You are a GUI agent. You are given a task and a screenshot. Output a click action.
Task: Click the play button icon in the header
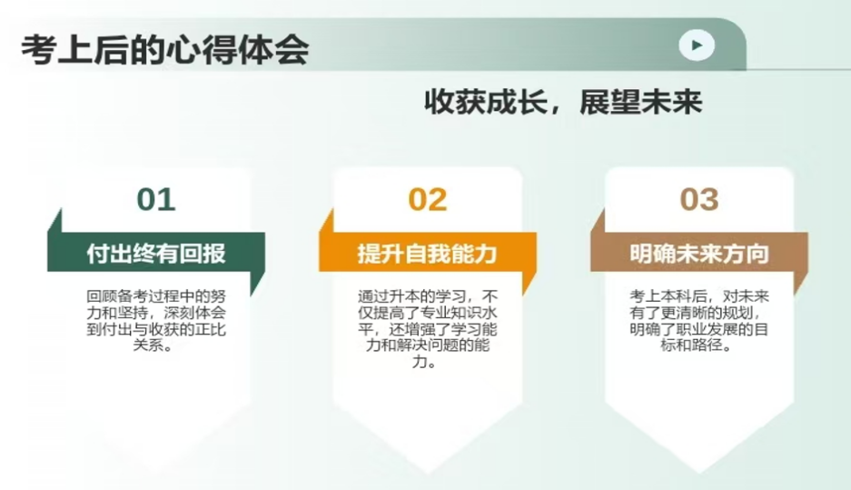click(697, 45)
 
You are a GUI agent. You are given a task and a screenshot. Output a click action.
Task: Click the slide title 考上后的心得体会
click(165, 49)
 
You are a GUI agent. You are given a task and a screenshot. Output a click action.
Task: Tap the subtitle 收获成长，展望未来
click(563, 102)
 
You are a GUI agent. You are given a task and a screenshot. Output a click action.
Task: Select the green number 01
click(156, 199)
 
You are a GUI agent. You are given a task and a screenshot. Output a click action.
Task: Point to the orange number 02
click(428, 199)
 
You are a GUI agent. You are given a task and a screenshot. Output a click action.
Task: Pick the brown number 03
click(699, 199)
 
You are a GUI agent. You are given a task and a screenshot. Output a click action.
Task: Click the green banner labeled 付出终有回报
click(156, 253)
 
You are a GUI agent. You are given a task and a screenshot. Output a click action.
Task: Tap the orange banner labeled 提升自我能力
click(428, 253)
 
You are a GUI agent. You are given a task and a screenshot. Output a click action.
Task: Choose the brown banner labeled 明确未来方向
click(699, 253)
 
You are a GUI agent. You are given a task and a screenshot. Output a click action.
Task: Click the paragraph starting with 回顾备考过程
click(156, 321)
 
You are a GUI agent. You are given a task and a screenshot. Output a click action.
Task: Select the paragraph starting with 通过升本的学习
click(428, 329)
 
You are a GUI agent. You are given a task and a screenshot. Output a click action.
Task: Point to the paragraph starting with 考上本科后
click(699, 321)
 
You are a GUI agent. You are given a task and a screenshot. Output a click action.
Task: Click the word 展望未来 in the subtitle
click(641, 102)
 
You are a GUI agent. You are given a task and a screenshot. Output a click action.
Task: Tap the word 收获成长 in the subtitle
click(486, 102)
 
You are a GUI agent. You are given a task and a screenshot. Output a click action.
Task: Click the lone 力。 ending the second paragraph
click(424, 362)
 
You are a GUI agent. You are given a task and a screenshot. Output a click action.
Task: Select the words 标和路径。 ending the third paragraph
click(699, 345)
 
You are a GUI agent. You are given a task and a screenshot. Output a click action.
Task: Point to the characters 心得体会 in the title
click(238, 49)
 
